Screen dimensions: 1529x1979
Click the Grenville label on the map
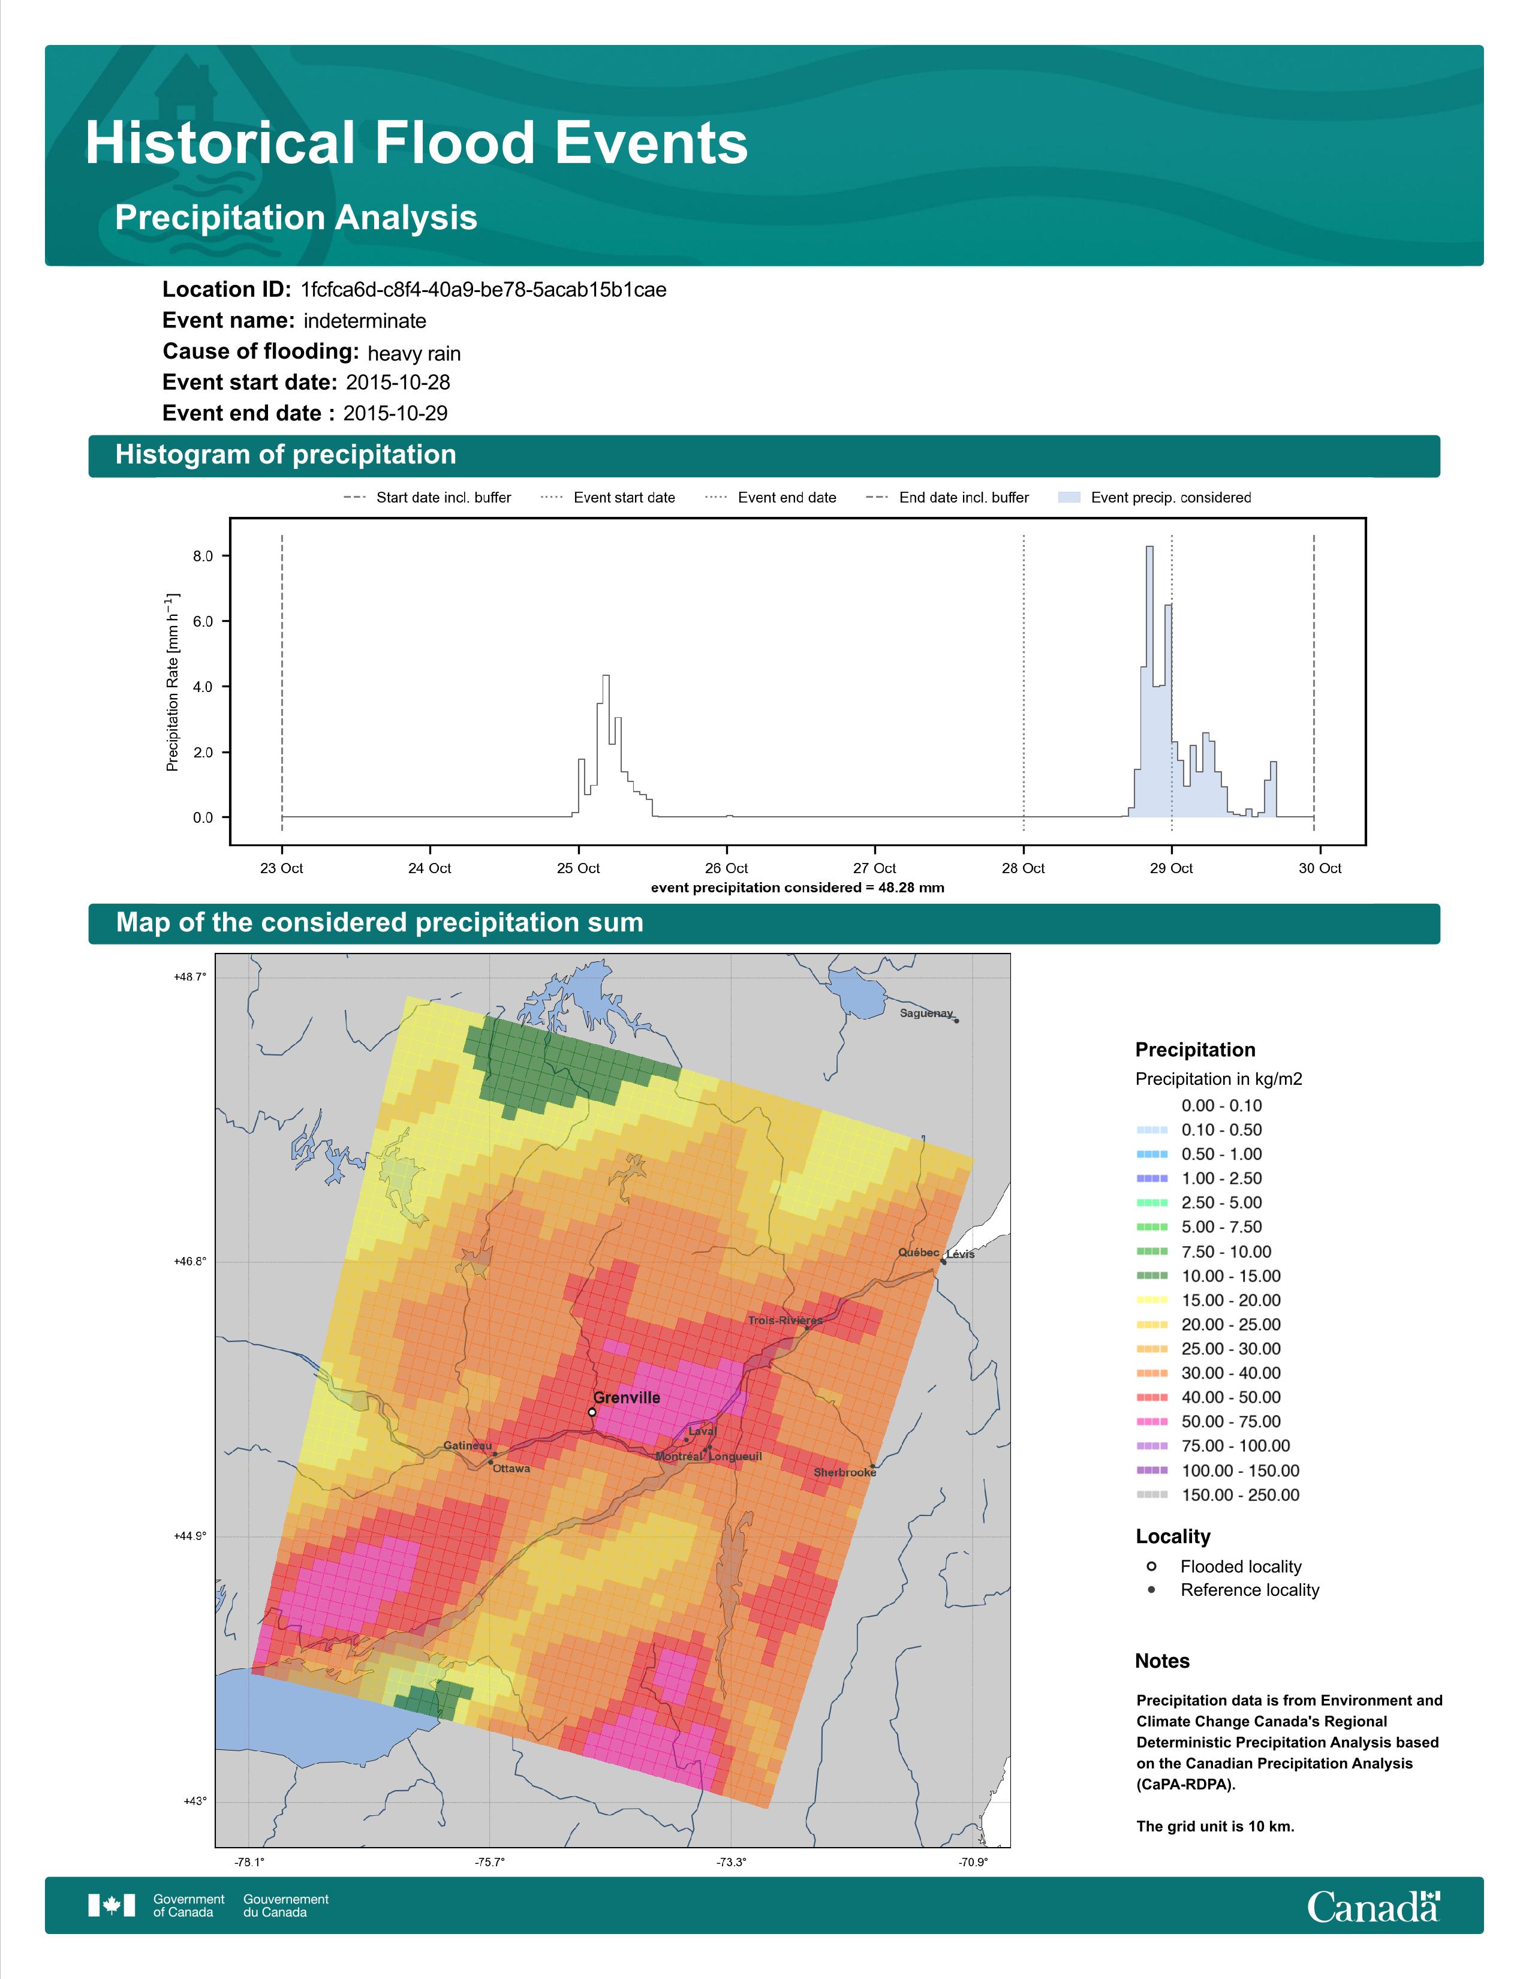[x=626, y=1397]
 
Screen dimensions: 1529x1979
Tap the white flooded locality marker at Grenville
[x=591, y=1412]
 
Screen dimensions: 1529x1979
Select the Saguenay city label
[x=926, y=1013]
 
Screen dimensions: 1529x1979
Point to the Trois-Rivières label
[x=784, y=1321]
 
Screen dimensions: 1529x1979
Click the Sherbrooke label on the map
[x=844, y=1472]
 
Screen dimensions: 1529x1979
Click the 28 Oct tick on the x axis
[x=1023, y=868]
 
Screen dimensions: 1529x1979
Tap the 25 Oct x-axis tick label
[x=578, y=868]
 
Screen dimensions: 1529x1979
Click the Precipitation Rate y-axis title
[x=172, y=682]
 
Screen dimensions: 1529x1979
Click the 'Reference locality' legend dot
[x=1151, y=1589]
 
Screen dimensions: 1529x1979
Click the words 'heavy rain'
[x=414, y=353]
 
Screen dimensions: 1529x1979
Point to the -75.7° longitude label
[x=490, y=1862]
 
